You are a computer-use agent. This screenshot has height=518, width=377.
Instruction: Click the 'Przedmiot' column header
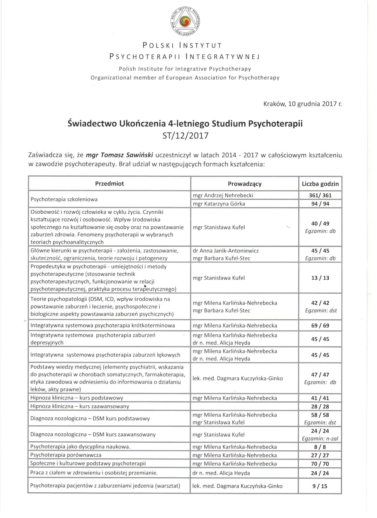pyautogui.click(x=110, y=184)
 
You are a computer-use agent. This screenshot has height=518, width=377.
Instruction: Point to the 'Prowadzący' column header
pyautogui.click(x=244, y=184)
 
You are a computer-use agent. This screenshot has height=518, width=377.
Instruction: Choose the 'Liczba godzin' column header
pyautogui.click(x=320, y=184)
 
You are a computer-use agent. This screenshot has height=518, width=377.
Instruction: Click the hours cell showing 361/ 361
pyautogui.click(x=320, y=195)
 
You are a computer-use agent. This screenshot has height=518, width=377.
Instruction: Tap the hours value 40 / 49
pyautogui.click(x=320, y=223)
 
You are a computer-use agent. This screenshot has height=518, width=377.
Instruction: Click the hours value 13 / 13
pyautogui.click(x=320, y=278)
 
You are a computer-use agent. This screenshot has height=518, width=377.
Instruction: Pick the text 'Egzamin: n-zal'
pyautogui.click(x=320, y=439)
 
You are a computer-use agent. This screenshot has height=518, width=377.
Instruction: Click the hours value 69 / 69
pyautogui.click(x=320, y=326)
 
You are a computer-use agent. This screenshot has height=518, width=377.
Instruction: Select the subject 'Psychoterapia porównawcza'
pyautogui.click(x=66, y=455)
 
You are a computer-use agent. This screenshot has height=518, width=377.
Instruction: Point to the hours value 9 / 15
pyautogui.click(x=320, y=486)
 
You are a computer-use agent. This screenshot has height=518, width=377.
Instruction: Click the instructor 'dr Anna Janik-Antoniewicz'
pyautogui.click(x=226, y=251)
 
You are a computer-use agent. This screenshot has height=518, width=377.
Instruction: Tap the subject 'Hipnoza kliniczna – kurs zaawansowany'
pyautogui.click(x=80, y=406)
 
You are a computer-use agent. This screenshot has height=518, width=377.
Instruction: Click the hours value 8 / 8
pyautogui.click(x=320, y=447)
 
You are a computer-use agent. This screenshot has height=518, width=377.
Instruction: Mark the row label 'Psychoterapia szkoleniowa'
pyautogui.click(x=64, y=199)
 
